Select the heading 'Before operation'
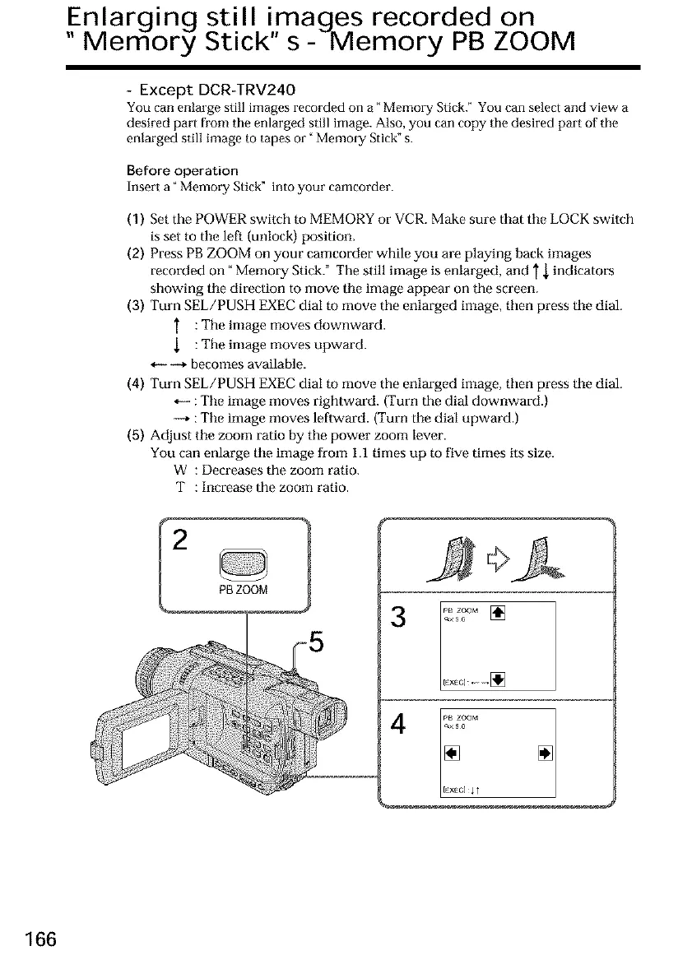coord(172,170)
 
